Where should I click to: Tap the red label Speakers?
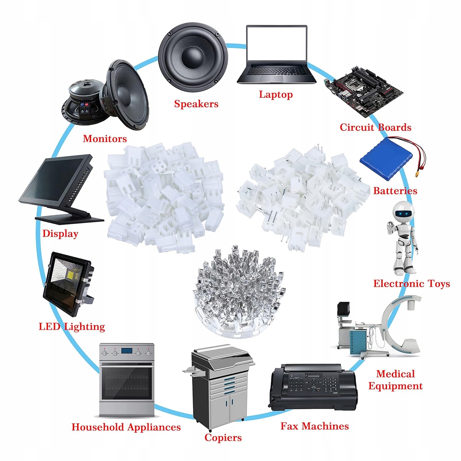196,104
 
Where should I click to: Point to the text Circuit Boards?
376,127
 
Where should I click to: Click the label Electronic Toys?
412,283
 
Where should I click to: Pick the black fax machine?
313,388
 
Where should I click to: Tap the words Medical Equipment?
396,380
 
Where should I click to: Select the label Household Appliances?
126,427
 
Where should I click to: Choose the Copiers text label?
223,438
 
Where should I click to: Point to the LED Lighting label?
72,326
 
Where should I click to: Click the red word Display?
60,234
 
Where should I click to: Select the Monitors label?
105,139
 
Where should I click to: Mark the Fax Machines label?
315,426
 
